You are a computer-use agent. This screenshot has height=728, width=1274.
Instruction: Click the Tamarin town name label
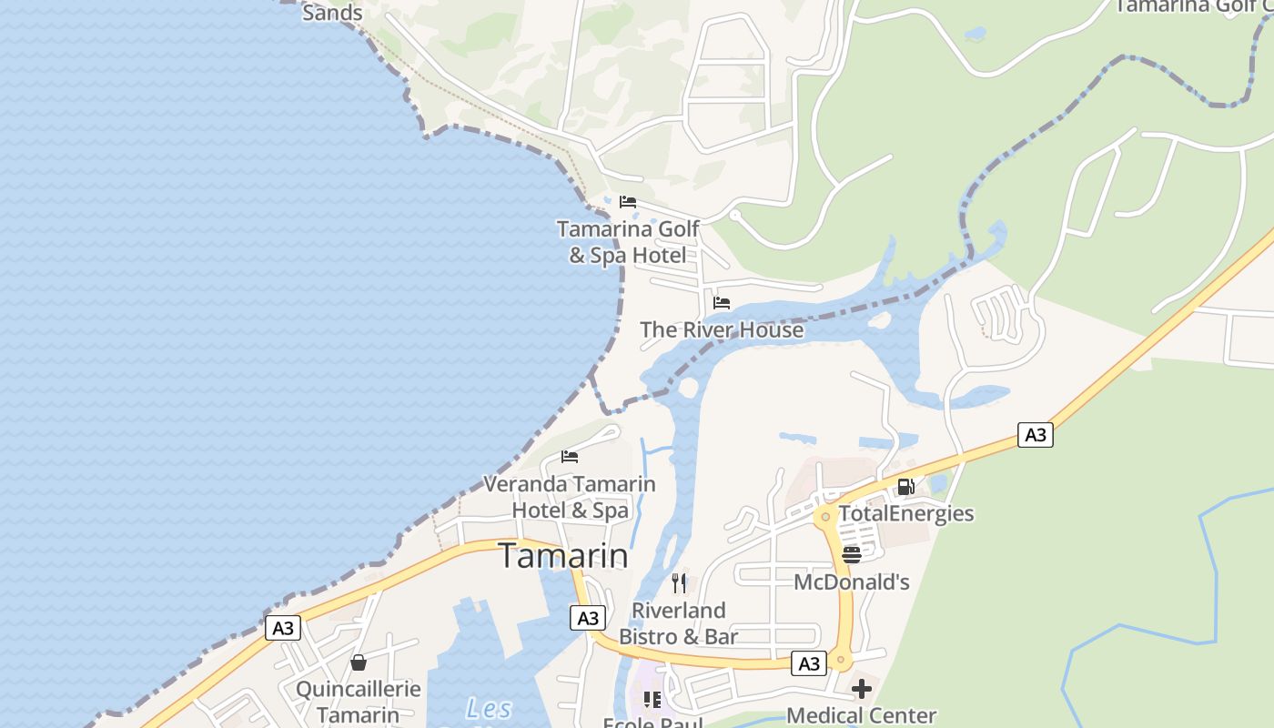pyautogui.click(x=563, y=556)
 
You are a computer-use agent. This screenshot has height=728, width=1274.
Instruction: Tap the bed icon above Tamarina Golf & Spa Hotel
pyautogui.click(x=628, y=202)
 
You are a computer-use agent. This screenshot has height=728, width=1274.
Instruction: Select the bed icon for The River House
pyautogui.click(x=722, y=303)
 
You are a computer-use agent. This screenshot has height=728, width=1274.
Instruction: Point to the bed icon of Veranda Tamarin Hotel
pyautogui.click(x=570, y=457)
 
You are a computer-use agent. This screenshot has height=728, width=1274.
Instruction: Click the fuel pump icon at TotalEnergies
pyautogui.click(x=905, y=487)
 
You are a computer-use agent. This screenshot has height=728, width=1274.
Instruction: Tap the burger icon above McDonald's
pyautogui.click(x=852, y=555)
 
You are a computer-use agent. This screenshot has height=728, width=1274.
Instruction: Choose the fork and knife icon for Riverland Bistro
pyautogui.click(x=679, y=583)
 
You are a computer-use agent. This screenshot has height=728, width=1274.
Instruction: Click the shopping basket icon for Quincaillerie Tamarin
pyautogui.click(x=359, y=662)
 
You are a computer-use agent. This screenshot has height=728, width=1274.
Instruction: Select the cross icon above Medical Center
pyautogui.click(x=861, y=688)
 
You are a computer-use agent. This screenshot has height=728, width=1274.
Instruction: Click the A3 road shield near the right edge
pyautogui.click(x=1036, y=435)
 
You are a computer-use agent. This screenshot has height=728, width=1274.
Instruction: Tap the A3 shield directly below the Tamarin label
pyautogui.click(x=588, y=619)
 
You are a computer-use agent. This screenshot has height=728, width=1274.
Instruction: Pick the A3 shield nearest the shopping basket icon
pyautogui.click(x=283, y=628)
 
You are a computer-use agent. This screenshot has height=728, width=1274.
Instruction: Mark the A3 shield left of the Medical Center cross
pyautogui.click(x=809, y=664)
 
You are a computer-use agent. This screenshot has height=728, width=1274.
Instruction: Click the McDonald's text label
pyautogui.click(x=852, y=582)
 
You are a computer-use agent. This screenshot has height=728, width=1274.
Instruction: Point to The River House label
pyautogui.click(x=722, y=329)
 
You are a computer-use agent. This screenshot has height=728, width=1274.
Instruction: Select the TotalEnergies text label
pyautogui.click(x=906, y=513)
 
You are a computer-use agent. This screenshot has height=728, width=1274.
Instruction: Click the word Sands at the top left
pyautogui.click(x=332, y=13)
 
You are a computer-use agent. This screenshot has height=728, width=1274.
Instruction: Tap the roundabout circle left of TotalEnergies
pyautogui.click(x=825, y=517)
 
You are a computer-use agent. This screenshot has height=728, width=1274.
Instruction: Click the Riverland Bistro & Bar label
pyautogui.click(x=679, y=623)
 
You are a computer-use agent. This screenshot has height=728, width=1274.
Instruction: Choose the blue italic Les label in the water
pyautogui.click(x=489, y=708)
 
